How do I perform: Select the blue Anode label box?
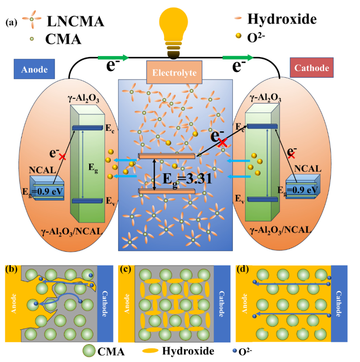point(34,69)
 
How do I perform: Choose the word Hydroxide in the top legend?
point(282,19)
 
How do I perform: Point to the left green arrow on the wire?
point(113,58)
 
